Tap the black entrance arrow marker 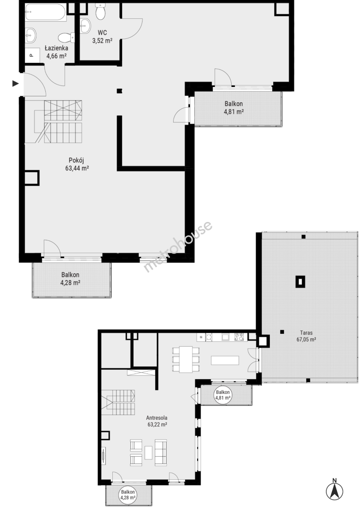[x=16, y=84]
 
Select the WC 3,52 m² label [x=102, y=37]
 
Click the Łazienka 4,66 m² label [x=57, y=52]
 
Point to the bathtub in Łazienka [x=46, y=12]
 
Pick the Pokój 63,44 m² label [x=77, y=164]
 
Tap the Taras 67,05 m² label [x=306, y=336]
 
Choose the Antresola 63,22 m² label [x=157, y=421]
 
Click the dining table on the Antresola [x=185, y=359]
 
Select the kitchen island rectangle [x=225, y=361]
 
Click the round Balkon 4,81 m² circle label [x=223, y=395]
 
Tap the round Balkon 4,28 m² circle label [x=128, y=495]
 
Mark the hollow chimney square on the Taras [x=300, y=281]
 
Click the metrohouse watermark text [x=178, y=246]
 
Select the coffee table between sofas [x=149, y=452]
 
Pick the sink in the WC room [x=85, y=26]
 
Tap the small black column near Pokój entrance [x=119, y=91]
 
